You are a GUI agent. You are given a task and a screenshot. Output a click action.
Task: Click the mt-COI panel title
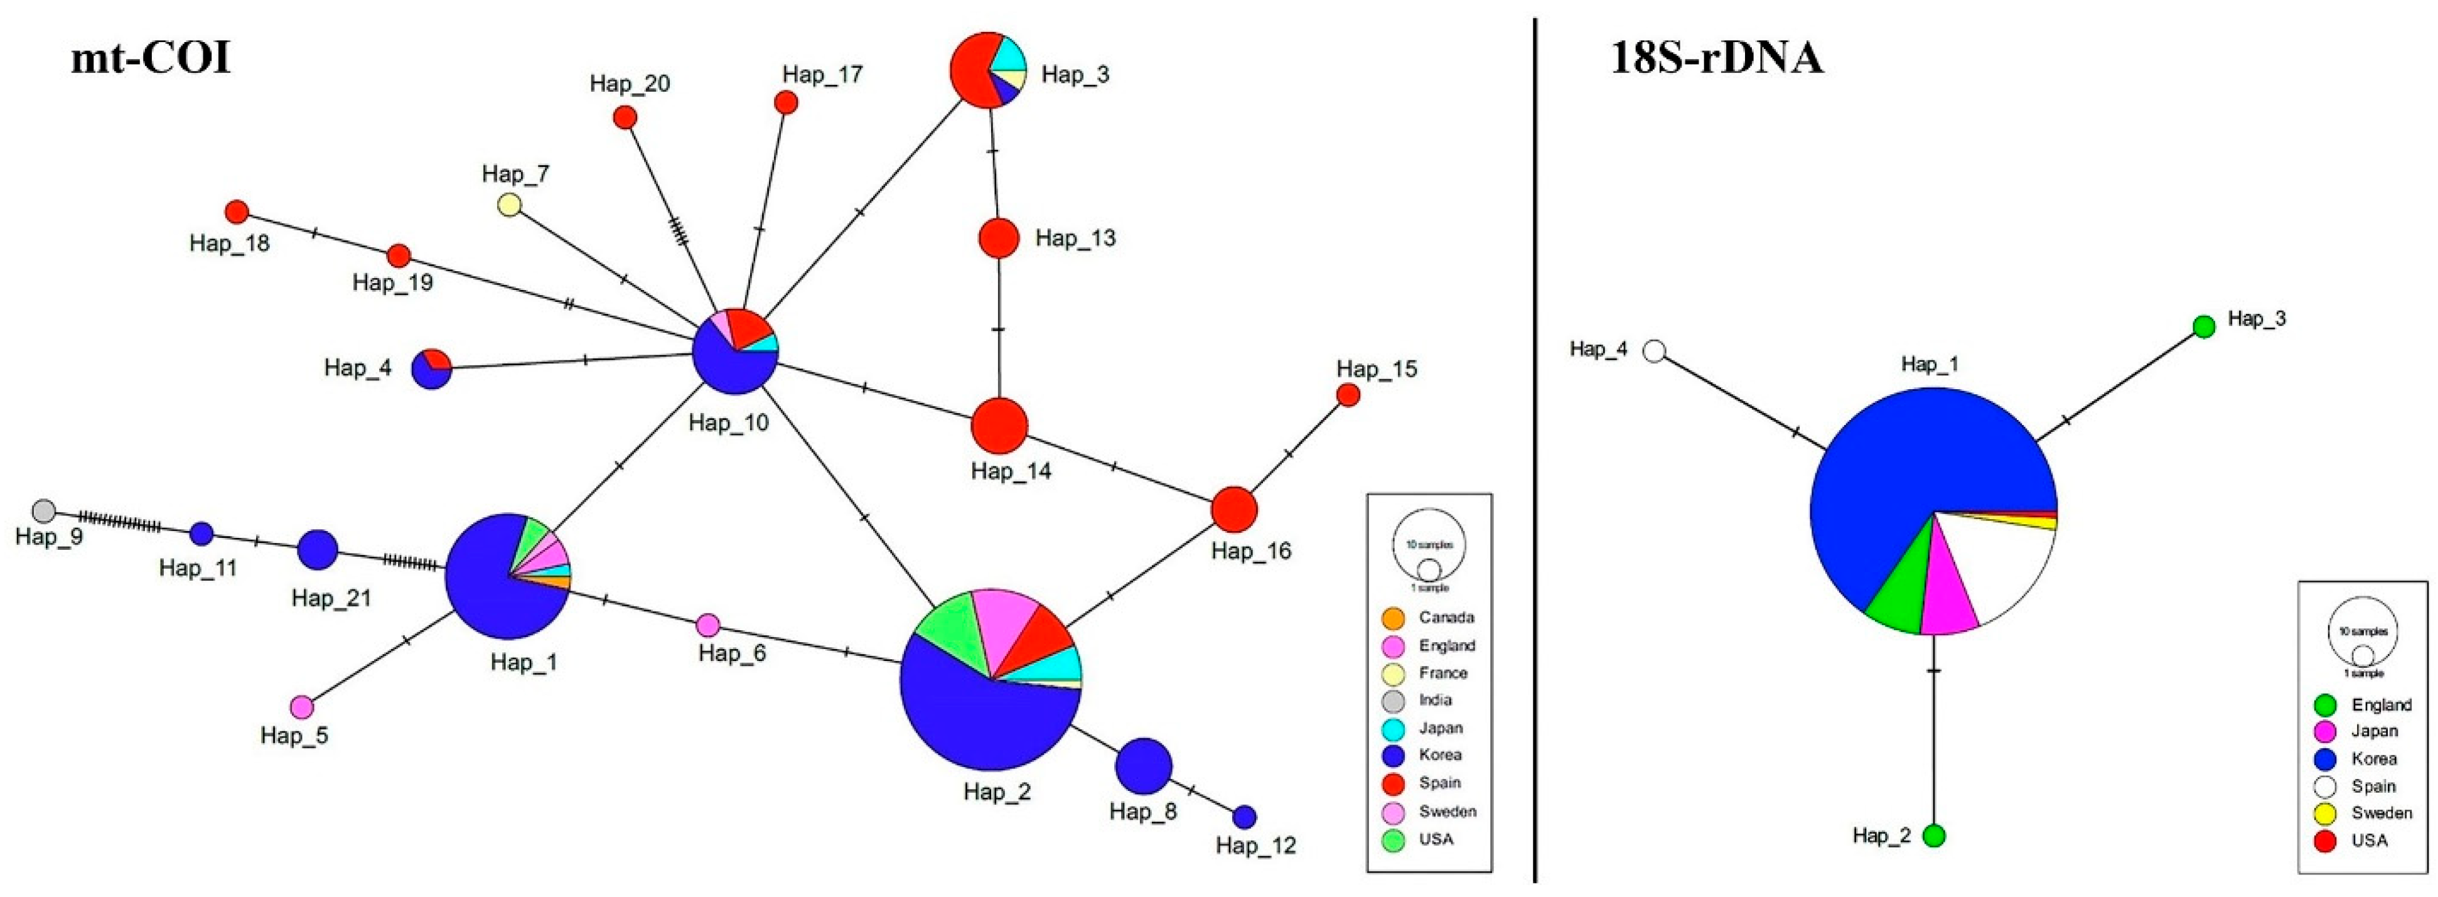point(151,58)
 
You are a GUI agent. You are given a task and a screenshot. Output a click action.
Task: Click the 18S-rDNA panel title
point(1716,58)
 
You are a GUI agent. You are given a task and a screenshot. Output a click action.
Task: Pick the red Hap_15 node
point(1348,395)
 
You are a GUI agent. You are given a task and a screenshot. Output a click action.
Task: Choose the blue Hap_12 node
point(1245,815)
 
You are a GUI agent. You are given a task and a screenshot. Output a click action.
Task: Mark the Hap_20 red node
point(625,117)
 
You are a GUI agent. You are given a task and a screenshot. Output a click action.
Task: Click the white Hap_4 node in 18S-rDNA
point(1653,351)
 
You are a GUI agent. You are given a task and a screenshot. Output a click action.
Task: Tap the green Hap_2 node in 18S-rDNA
point(1933,835)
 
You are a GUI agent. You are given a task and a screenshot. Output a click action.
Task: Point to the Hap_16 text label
point(1250,551)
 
